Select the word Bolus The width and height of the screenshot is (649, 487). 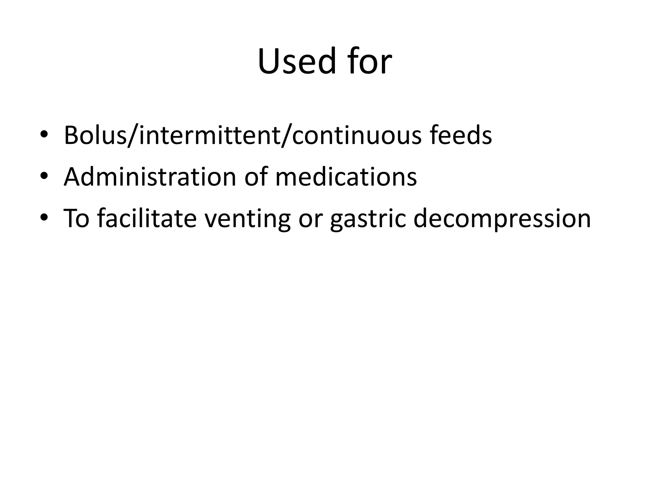(95, 135)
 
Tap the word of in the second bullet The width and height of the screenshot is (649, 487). (256, 177)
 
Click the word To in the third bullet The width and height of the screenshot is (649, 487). (77, 218)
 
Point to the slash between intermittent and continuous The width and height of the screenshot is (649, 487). (286, 136)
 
